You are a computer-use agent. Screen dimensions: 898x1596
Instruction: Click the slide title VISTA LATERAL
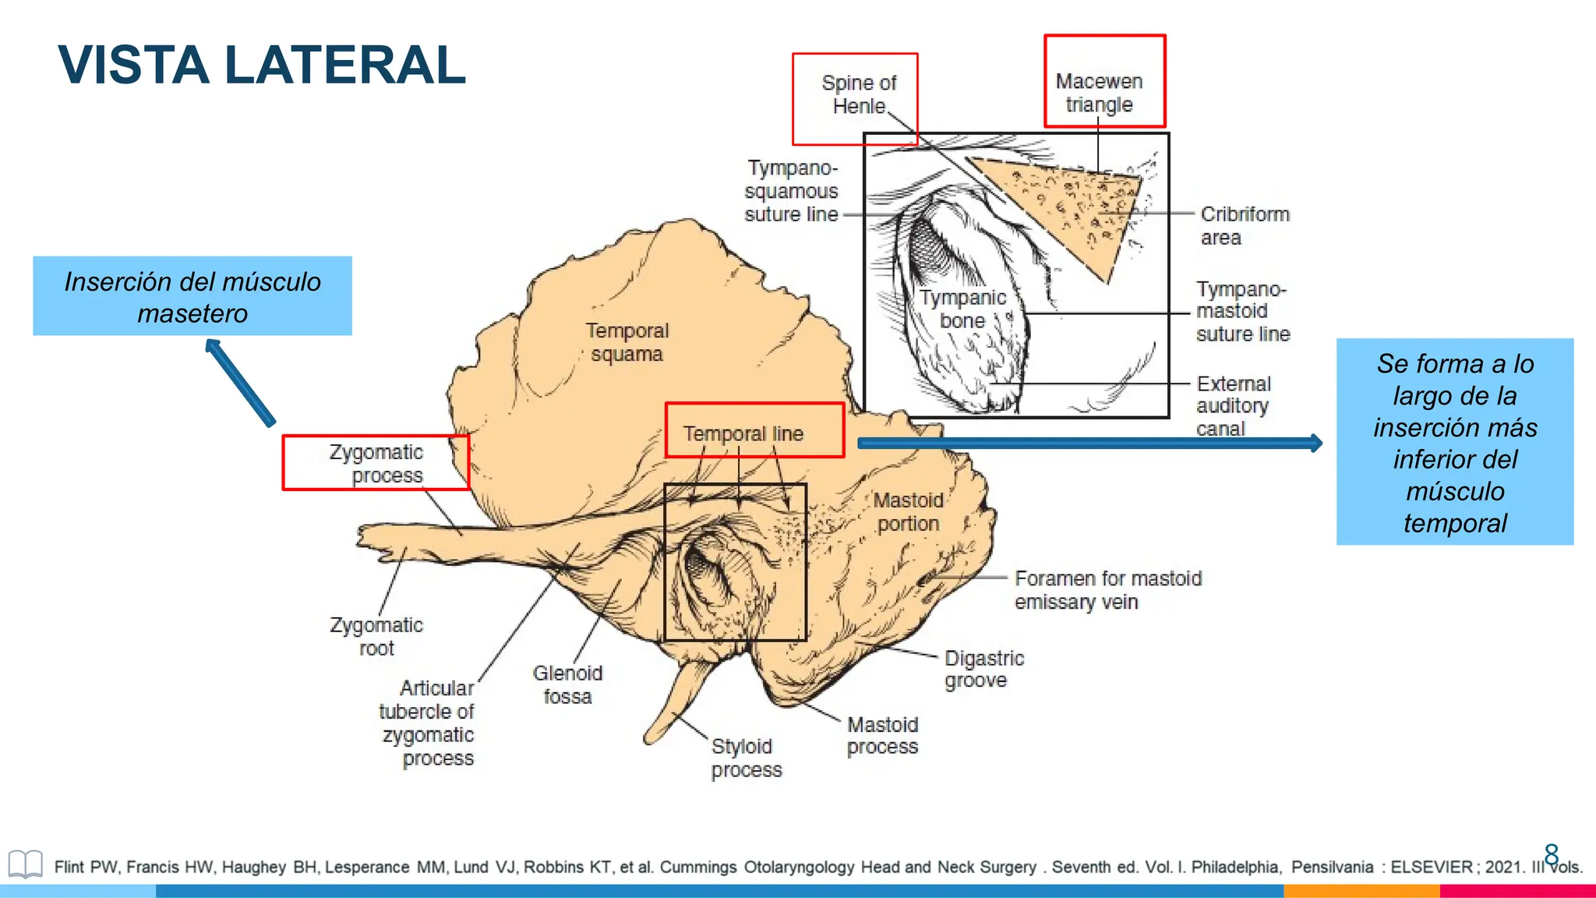point(262,65)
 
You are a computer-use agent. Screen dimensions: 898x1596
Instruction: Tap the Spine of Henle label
point(858,94)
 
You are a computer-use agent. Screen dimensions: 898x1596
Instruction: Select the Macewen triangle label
point(1099,93)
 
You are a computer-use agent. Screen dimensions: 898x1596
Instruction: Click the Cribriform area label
point(1244,225)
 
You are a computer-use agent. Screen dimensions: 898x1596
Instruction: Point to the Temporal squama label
point(627,342)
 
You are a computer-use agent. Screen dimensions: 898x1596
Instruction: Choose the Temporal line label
point(743,433)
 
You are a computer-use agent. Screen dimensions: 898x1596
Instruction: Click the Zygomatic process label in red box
point(376,463)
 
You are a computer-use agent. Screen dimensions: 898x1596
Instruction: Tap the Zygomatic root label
point(376,636)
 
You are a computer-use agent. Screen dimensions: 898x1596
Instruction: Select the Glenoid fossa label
point(567,684)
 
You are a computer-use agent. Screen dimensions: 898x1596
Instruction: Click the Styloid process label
point(745,758)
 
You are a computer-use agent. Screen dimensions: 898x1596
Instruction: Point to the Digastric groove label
point(983,669)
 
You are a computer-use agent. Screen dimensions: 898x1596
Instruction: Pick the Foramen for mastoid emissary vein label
point(1107,590)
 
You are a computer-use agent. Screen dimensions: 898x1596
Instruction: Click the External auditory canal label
point(1233,406)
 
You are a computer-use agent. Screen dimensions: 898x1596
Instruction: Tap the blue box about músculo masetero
point(192,296)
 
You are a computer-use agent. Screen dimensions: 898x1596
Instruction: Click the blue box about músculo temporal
point(1454,442)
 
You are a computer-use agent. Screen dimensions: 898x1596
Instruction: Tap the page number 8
point(1551,854)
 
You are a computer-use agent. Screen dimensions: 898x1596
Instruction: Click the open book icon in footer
point(25,864)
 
